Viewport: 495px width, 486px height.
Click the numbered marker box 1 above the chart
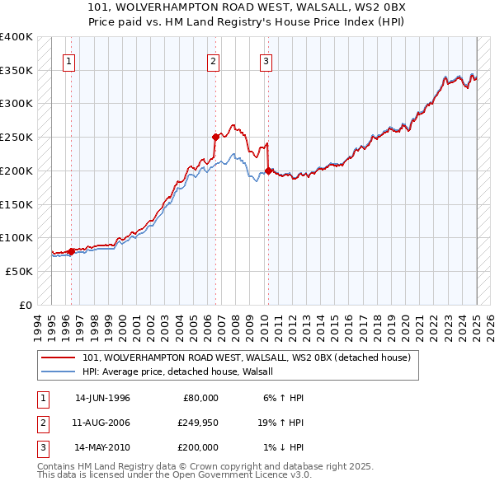click(x=69, y=60)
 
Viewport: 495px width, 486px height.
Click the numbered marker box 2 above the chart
click(x=214, y=60)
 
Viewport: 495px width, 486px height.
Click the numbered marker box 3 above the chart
click(x=266, y=60)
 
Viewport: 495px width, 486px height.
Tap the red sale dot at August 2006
click(x=216, y=137)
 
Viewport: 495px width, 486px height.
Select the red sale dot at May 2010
click(x=268, y=171)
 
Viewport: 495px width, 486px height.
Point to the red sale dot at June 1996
click(x=71, y=251)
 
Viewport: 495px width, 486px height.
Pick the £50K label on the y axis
click(x=19, y=271)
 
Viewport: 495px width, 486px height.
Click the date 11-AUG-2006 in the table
click(x=102, y=423)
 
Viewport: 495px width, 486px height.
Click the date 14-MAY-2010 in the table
click(x=102, y=447)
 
